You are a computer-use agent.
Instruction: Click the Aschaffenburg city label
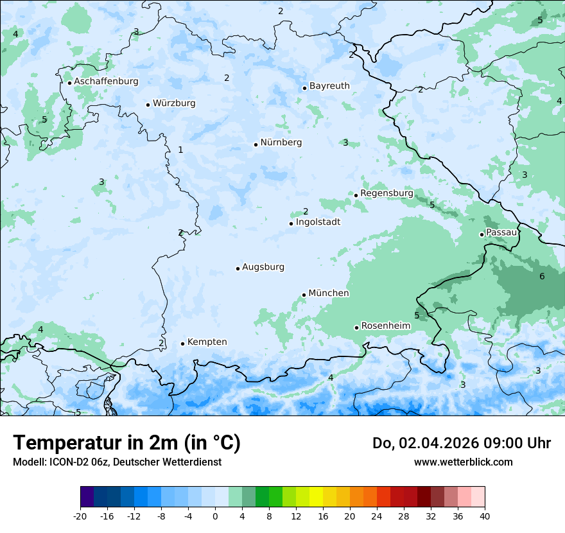(x=106, y=82)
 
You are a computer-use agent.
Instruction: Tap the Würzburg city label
(x=174, y=103)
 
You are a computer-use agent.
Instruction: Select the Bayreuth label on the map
(x=329, y=86)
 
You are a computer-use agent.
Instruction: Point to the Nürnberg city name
(x=281, y=143)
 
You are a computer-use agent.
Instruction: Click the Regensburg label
(x=387, y=193)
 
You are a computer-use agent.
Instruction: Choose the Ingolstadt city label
(x=318, y=222)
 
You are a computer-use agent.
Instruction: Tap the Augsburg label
(x=263, y=267)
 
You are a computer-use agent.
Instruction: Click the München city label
(x=329, y=293)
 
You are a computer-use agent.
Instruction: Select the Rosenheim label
(x=385, y=326)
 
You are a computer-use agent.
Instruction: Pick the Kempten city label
(x=207, y=342)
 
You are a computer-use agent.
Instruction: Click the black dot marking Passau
(x=482, y=234)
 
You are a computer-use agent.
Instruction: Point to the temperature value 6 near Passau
(x=542, y=276)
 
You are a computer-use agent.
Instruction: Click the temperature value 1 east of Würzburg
(x=180, y=150)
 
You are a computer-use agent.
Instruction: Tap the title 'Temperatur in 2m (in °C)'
(x=126, y=442)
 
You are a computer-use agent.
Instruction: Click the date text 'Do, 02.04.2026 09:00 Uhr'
(x=462, y=443)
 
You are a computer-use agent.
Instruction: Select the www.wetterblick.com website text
(x=463, y=462)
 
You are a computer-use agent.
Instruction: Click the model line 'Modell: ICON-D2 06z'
(x=117, y=462)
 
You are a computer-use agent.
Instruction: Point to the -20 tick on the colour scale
(x=80, y=516)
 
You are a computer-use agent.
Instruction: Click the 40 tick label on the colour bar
(x=484, y=516)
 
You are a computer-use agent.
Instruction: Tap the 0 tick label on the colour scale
(x=215, y=516)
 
